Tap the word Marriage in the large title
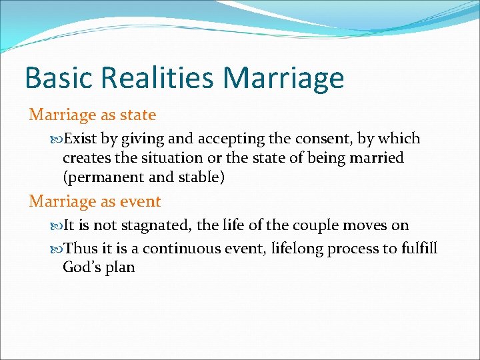click(x=285, y=79)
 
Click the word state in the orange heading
click(x=138, y=115)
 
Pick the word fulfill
click(x=419, y=249)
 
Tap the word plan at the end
click(x=121, y=268)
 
